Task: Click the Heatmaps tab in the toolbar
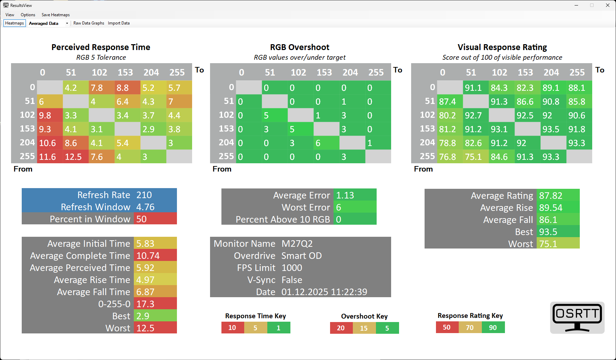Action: click(x=14, y=23)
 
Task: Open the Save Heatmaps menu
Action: click(x=56, y=15)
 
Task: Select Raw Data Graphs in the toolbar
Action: click(x=89, y=23)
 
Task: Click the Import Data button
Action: click(x=119, y=23)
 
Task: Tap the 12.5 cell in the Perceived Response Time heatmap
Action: click(x=76, y=157)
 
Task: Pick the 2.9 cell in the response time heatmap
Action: click(x=153, y=129)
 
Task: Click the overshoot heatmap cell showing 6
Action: click(x=326, y=143)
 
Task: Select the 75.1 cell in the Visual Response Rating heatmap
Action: click(x=476, y=157)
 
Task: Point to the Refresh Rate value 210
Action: click(x=144, y=195)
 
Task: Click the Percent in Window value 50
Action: click(x=141, y=219)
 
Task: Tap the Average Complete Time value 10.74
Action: click(x=148, y=256)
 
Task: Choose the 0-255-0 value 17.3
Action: click(x=145, y=304)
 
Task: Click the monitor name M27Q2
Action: click(x=297, y=244)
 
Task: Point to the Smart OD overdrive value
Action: click(x=301, y=256)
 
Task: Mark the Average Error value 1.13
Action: click(x=345, y=195)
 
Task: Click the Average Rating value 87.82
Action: click(x=551, y=196)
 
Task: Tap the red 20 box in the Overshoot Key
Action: click(x=341, y=328)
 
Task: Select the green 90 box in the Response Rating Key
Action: click(x=493, y=328)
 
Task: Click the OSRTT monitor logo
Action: click(x=577, y=318)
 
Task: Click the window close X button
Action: click(x=608, y=5)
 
